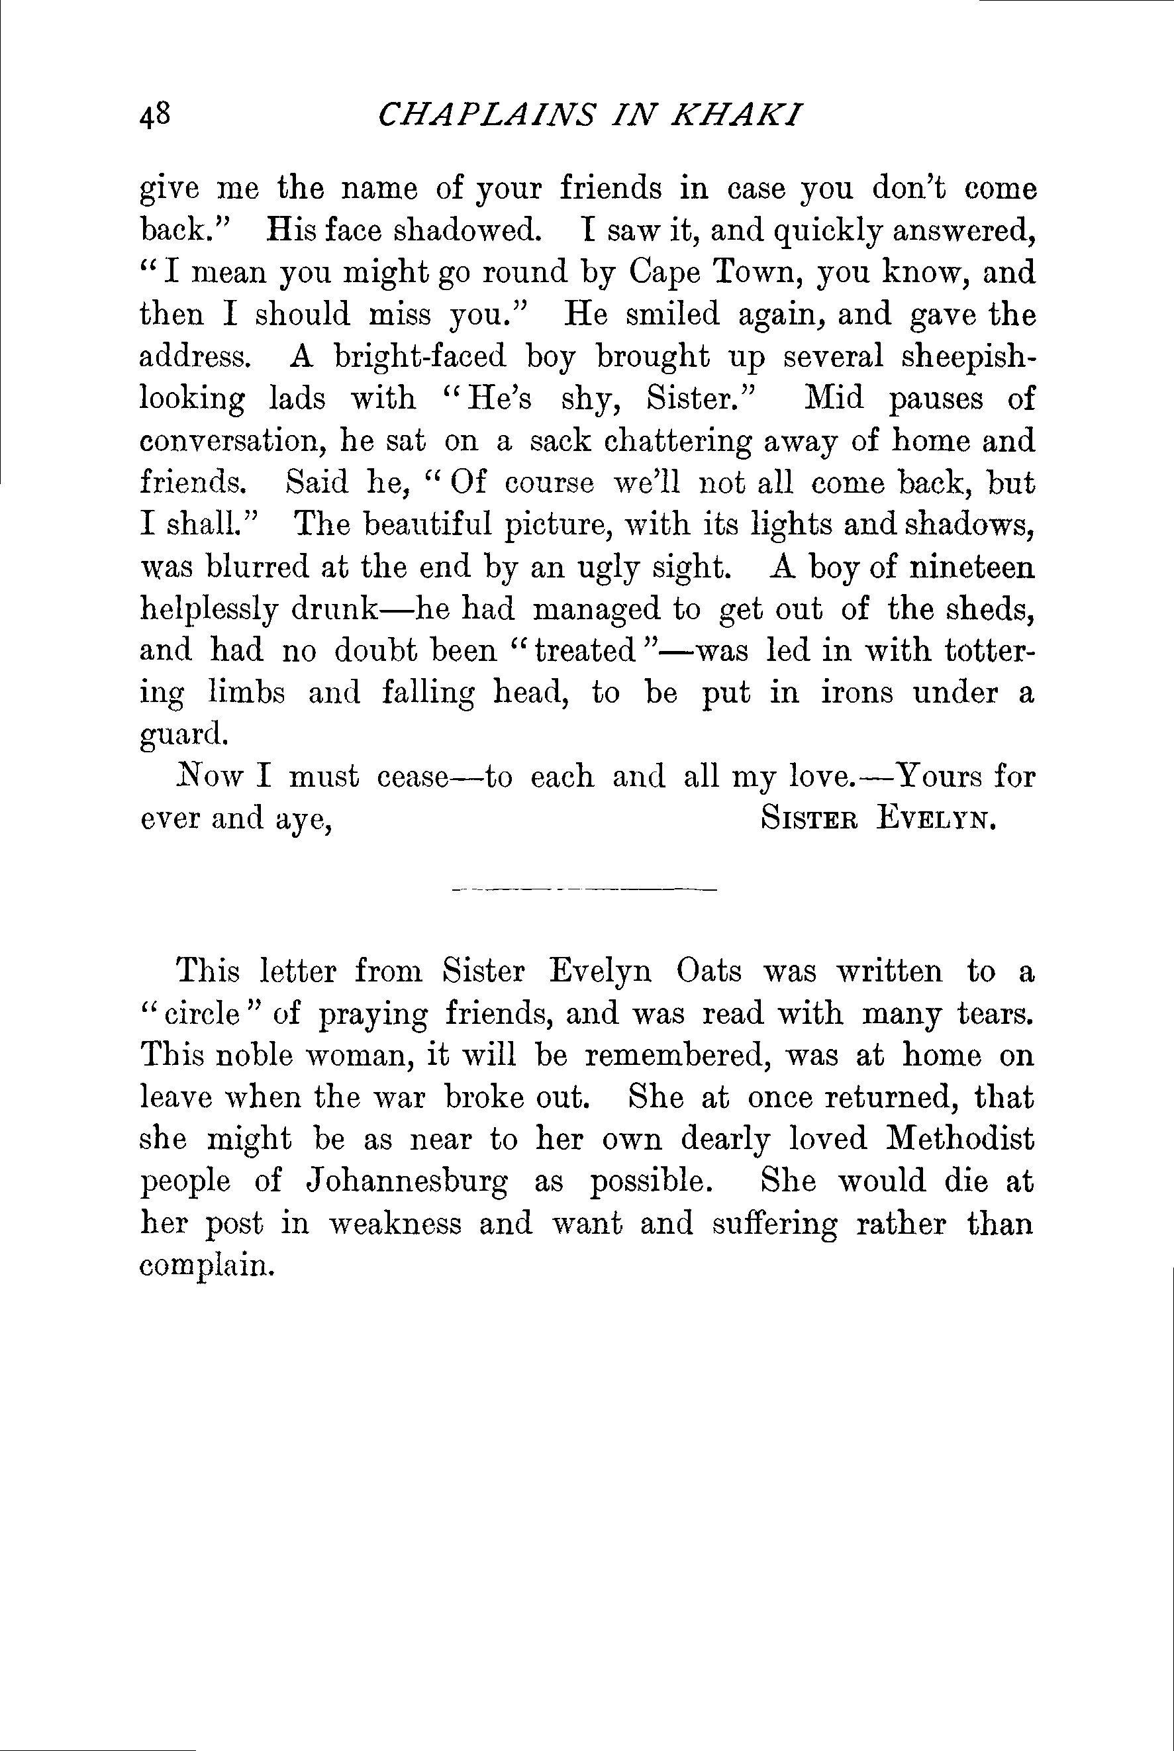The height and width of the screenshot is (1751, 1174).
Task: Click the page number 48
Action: coord(156,117)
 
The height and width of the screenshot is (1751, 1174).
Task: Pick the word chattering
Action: coord(677,442)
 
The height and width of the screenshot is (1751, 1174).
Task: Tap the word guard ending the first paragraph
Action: coord(183,736)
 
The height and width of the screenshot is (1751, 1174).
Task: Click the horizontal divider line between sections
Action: coord(584,890)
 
